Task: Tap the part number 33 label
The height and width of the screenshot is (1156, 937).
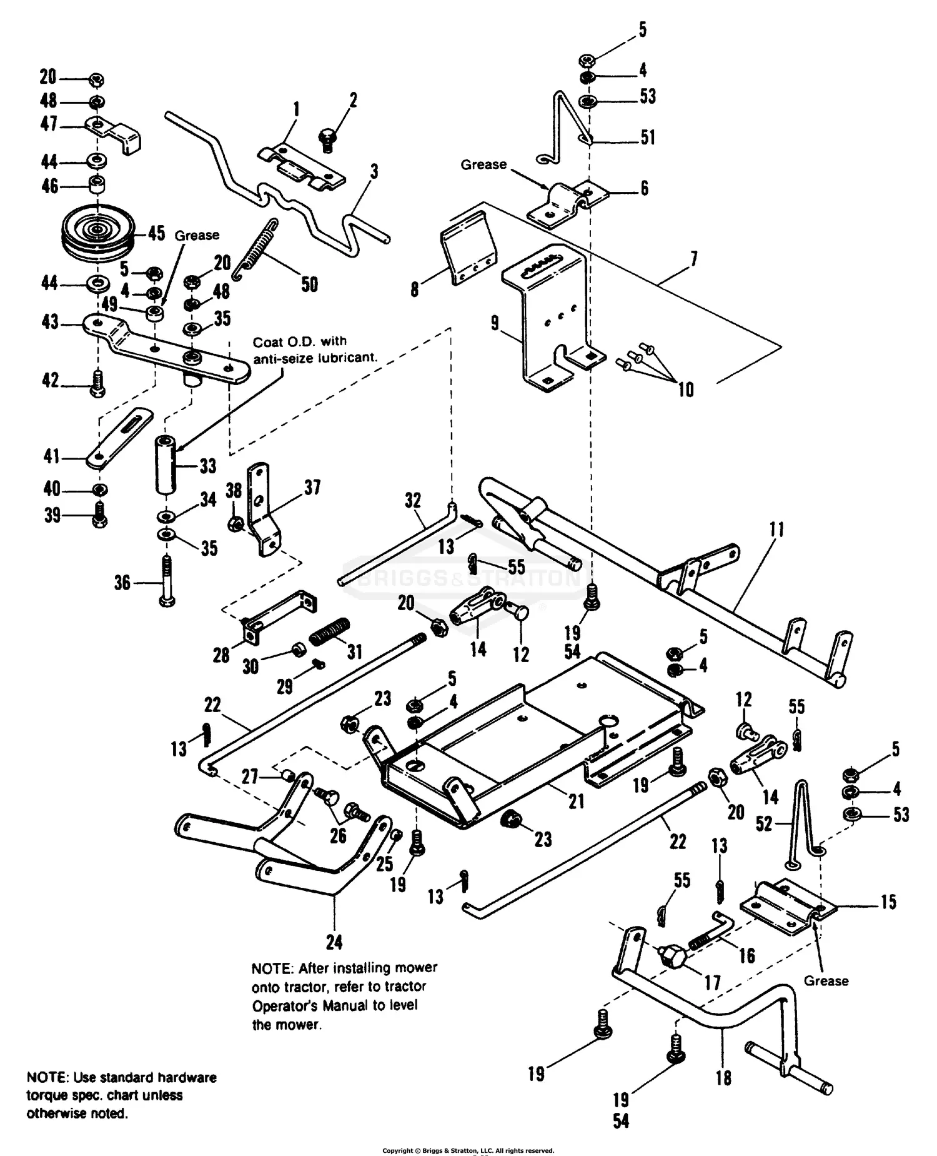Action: pos(207,466)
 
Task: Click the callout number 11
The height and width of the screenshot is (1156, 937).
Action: pos(776,530)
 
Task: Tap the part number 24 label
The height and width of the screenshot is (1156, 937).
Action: pos(334,942)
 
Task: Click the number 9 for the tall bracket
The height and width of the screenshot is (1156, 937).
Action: pos(495,323)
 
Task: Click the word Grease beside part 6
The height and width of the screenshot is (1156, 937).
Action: pos(483,164)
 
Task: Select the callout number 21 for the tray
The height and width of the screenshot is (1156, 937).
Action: pos(575,801)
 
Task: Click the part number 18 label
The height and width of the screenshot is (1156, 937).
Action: pos(723,1078)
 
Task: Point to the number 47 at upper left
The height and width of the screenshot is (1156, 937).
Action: pos(48,124)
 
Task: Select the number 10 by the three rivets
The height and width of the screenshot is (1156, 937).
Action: pos(685,390)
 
